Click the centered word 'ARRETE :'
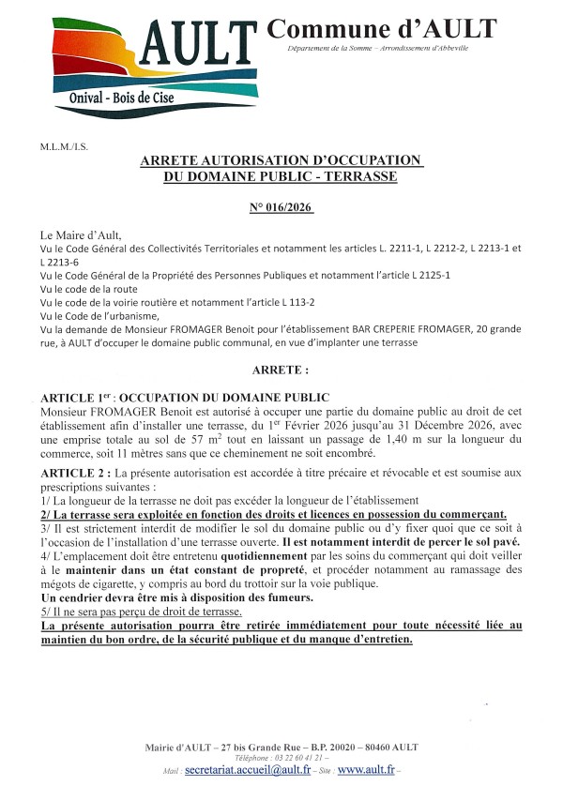click(281, 370)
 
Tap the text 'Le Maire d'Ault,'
click(82, 234)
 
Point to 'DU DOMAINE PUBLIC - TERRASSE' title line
click(281, 175)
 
